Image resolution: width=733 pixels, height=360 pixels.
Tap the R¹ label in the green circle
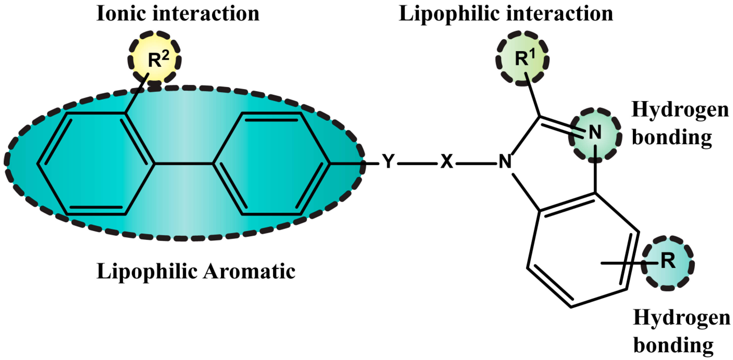[x=525, y=59]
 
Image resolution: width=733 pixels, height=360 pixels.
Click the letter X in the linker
[x=446, y=162]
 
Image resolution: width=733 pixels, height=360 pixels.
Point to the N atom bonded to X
[x=505, y=162]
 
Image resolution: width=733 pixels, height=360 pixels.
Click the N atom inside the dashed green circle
[x=595, y=132]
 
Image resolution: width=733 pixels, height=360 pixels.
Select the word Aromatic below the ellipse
[x=249, y=271]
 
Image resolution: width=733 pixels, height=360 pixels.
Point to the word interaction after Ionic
[x=206, y=14]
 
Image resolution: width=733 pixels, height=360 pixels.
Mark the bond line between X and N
[x=476, y=164]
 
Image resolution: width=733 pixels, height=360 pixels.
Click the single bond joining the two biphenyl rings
[x=184, y=164]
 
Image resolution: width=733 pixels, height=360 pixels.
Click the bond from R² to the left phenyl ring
[x=137, y=94]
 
